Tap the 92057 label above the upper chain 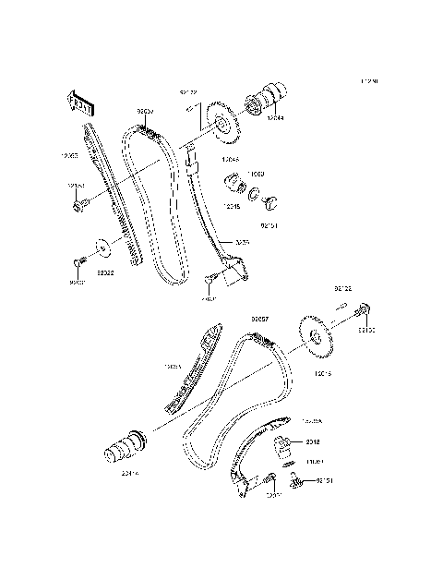click(145, 111)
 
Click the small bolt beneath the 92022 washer click(81, 267)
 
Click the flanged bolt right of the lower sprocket click(365, 310)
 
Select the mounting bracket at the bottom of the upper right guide click(234, 271)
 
